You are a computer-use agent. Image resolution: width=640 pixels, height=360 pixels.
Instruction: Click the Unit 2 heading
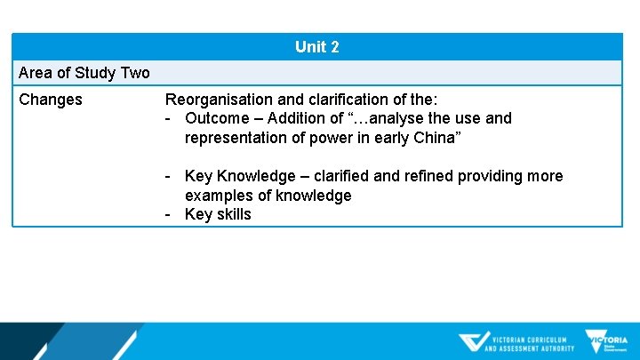(316, 47)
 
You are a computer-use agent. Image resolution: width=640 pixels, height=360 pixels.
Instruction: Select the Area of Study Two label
(84, 73)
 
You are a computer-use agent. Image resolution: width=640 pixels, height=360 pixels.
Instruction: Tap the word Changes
(51, 100)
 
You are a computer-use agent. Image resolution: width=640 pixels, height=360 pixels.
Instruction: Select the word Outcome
(217, 118)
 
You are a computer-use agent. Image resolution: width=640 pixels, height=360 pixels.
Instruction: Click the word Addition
(300, 118)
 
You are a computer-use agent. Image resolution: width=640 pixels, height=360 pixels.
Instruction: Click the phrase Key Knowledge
(234, 176)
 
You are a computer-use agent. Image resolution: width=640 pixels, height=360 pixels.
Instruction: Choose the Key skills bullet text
(218, 214)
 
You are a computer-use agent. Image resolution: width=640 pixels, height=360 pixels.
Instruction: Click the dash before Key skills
(169, 214)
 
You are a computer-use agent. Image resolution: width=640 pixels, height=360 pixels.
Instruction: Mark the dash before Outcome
(169, 118)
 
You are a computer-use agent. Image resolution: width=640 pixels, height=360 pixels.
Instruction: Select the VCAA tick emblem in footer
(473, 342)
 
